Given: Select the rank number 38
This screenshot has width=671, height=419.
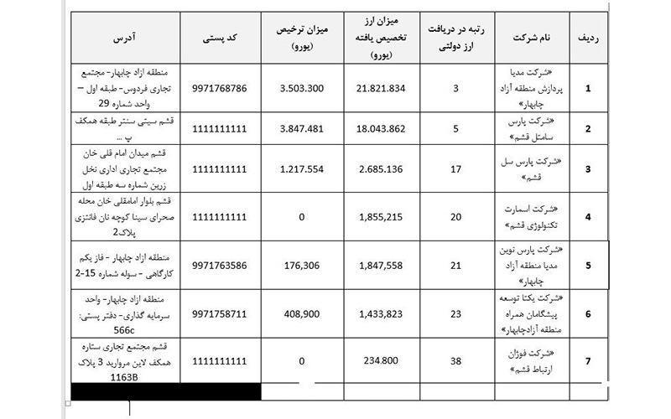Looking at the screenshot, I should coord(455,361).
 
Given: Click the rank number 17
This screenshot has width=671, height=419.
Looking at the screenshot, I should coord(455,168).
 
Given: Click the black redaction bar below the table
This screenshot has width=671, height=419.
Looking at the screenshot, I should coord(165,391).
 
